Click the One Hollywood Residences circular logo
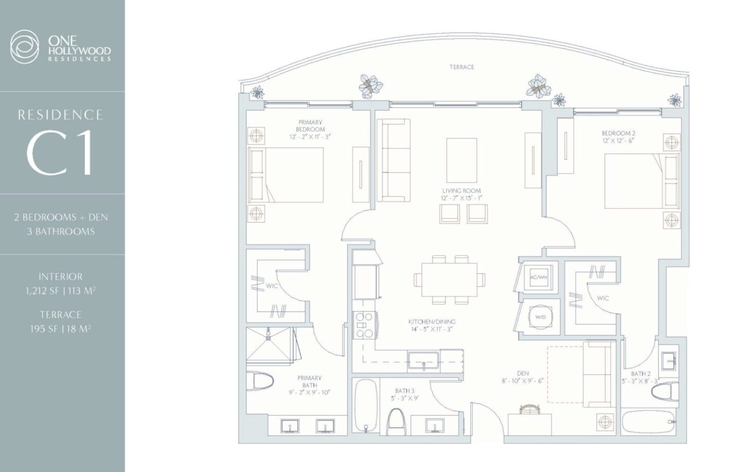(24, 47)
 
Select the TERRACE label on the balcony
(462, 67)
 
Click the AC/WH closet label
(538, 277)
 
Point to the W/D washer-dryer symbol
(540, 317)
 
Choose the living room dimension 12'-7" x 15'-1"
(461, 198)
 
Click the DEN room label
(523, 373)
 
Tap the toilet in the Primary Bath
(260, 381)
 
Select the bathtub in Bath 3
(365, 406)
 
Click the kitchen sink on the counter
(424, 360)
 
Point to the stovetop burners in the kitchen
(364, 325)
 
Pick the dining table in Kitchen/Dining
(449, 280)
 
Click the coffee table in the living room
(462, 160)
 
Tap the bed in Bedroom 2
(642, 181)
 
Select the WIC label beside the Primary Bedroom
(272, 286)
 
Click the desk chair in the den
(530, 409)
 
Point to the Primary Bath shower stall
(269, 344)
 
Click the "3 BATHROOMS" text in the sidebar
(61, 231)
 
